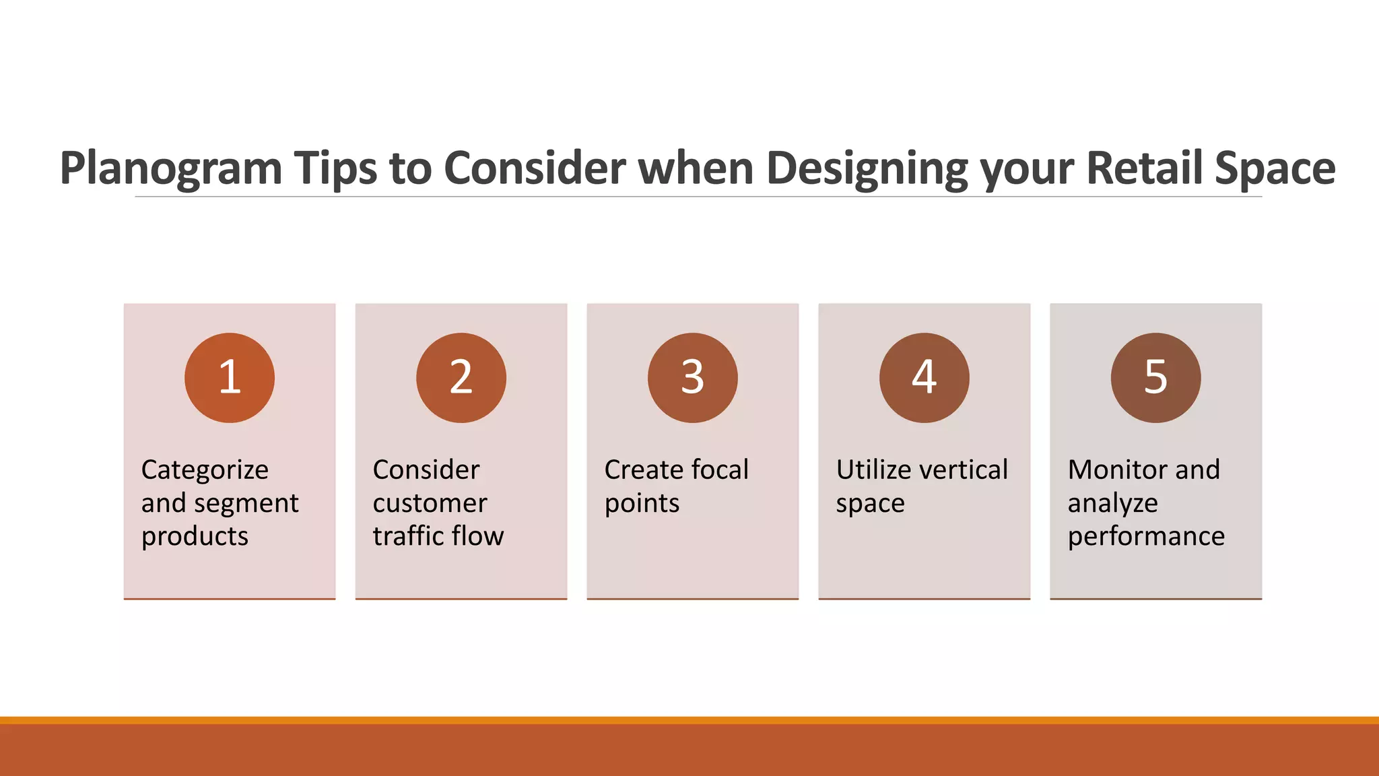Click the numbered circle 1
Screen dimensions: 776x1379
(230, 378)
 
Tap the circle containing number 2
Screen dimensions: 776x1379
(461, 378)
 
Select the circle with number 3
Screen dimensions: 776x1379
(693, 378)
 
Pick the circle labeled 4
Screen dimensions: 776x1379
(924, 378)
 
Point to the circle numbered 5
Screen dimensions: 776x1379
(1156, 378)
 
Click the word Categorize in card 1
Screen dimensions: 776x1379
(205, 470)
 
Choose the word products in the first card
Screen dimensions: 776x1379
(195, 537)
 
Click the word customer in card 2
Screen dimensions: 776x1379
(430, 503)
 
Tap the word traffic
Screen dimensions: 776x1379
(407, 536)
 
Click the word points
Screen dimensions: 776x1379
(642, 504)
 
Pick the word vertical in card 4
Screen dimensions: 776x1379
(965, 470)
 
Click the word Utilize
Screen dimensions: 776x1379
(874, 470)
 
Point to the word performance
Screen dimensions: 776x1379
(1146, 537)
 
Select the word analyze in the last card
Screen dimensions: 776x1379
(1112, 504)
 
